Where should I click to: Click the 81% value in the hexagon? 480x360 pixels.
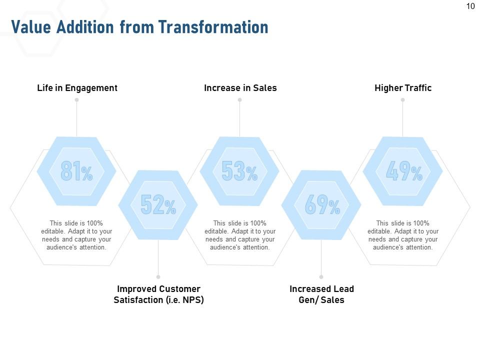pos(76,171)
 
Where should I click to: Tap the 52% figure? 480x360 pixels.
pos(158,205)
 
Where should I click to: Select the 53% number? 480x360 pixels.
pos(239,171)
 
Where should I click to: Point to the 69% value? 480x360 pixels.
pos(321,205)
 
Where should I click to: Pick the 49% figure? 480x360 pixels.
pos(403,171)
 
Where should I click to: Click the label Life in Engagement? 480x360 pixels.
pos(77,88)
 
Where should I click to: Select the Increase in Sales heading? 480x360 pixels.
pos(240,88)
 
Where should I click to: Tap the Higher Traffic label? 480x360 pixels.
pos(403,88)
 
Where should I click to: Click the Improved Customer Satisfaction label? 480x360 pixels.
pos(158,294)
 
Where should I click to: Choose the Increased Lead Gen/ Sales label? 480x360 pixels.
pos(321,294)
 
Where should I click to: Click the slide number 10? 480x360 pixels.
pos(470,6)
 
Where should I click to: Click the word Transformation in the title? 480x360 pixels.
pos(213,26)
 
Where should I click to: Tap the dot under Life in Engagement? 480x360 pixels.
pos(76,100)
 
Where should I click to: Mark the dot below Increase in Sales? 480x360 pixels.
pos(239,100)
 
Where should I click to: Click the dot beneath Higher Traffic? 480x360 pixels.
pos(402,100)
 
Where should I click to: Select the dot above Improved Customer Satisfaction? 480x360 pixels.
pos(158,276)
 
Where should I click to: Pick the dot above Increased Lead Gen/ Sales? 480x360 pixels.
pos(321,276)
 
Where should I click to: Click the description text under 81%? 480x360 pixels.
pos(76,235)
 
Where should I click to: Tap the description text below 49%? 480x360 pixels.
pos(403,235)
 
